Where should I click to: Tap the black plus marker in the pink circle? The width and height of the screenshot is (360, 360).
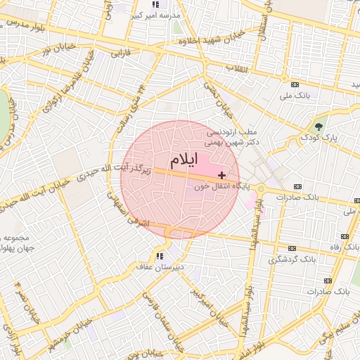pyautogui.click(x=222, y=175)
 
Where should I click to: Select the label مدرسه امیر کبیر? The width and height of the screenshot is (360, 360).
pyautogui.click(x=161, y=15)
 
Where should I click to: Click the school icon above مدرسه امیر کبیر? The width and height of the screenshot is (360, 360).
pyautogui.click(x=155, y=4)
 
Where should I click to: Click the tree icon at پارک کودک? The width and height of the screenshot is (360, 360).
pyautogui.click(x=320, y=127)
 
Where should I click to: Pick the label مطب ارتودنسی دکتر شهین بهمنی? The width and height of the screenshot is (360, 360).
pyautogui.click(x=233, y=136)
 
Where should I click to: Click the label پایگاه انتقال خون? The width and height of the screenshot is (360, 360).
pyautogui.click(x=214, y=187)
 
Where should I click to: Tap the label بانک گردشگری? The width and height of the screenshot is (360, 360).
pyautogui.click(x=288, y=260)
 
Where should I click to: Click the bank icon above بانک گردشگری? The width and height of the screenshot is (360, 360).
pyautogui.click(x=291, y=248)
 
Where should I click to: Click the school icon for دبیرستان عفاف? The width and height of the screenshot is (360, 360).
pyautogui.click(x=160, y=256)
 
